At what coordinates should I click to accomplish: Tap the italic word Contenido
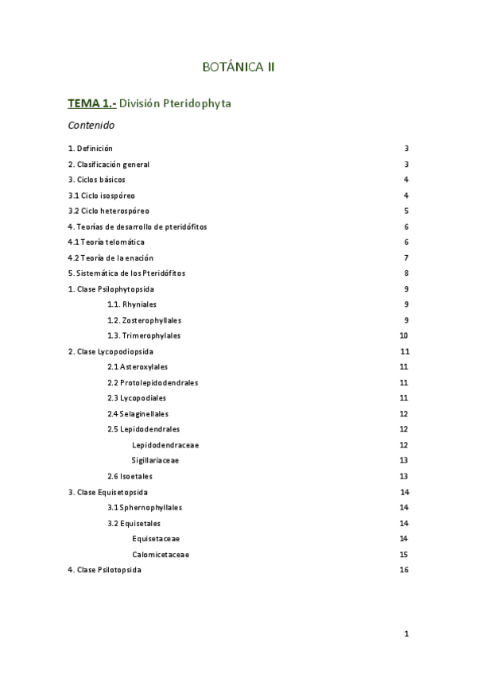(x=91, y=126)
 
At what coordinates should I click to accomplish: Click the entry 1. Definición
(x=91, y=149)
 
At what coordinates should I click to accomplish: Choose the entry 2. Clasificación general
(x=109, y=165)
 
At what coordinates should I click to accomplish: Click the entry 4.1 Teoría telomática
(x=107, y=242)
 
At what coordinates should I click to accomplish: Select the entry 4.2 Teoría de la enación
(x=111, y=258)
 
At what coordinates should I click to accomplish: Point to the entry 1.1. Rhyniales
(x=133, y=304)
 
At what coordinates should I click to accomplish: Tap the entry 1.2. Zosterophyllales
(x=144, y=320)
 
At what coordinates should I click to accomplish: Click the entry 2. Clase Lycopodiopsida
(x=111, y=351)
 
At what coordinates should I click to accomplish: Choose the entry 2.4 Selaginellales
(x=138, y=413)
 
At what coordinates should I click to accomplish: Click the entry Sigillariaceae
(x=155, y=460)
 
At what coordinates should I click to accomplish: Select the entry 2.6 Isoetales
(x=130, y=476)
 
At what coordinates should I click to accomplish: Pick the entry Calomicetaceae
(x=161, y=554)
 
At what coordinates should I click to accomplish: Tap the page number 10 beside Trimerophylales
(x=404, y=335)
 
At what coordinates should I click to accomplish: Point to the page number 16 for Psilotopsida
(x=404, y=570)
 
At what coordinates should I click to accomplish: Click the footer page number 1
(x=406, y=633)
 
